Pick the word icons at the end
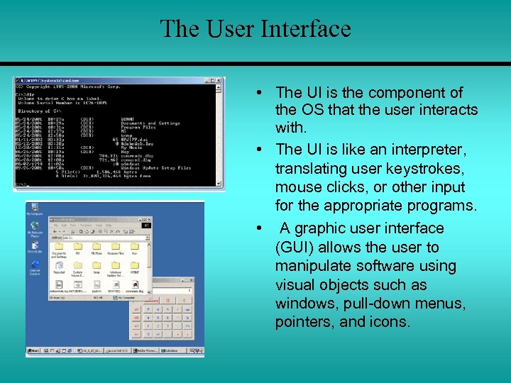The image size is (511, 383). coord(389,323)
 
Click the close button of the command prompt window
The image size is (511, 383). coord(219,81)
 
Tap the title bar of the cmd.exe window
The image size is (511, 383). coord(106,81)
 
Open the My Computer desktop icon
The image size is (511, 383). coord(34,210)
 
